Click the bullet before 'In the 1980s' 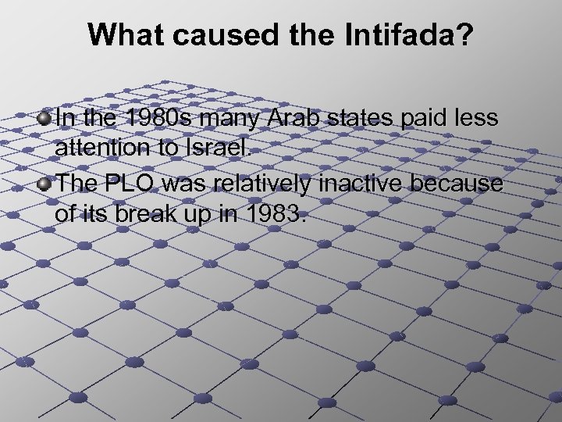pos(44,120)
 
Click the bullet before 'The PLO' pos(44,184)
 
